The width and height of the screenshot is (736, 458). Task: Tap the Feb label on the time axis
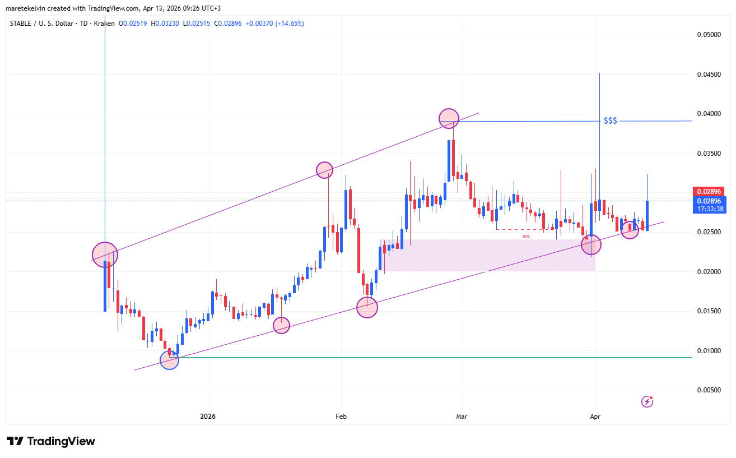[341, 417]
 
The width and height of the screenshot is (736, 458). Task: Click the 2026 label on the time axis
[208, 417]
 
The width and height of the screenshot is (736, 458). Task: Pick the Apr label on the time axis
[595, 417]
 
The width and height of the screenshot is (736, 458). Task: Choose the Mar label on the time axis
[462, 417]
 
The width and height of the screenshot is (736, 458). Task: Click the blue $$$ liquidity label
[610, 121]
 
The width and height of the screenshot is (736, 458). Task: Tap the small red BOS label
[526, 237]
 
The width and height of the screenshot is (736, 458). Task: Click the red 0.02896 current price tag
[709, 191]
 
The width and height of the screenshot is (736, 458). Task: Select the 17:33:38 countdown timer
[709, 209]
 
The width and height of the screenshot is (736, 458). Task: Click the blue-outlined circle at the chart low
[169, 360]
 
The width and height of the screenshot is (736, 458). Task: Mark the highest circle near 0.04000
[449, 118]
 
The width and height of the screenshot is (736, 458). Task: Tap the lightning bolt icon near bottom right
[647, 401]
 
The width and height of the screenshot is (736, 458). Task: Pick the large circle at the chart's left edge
[105, 255]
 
